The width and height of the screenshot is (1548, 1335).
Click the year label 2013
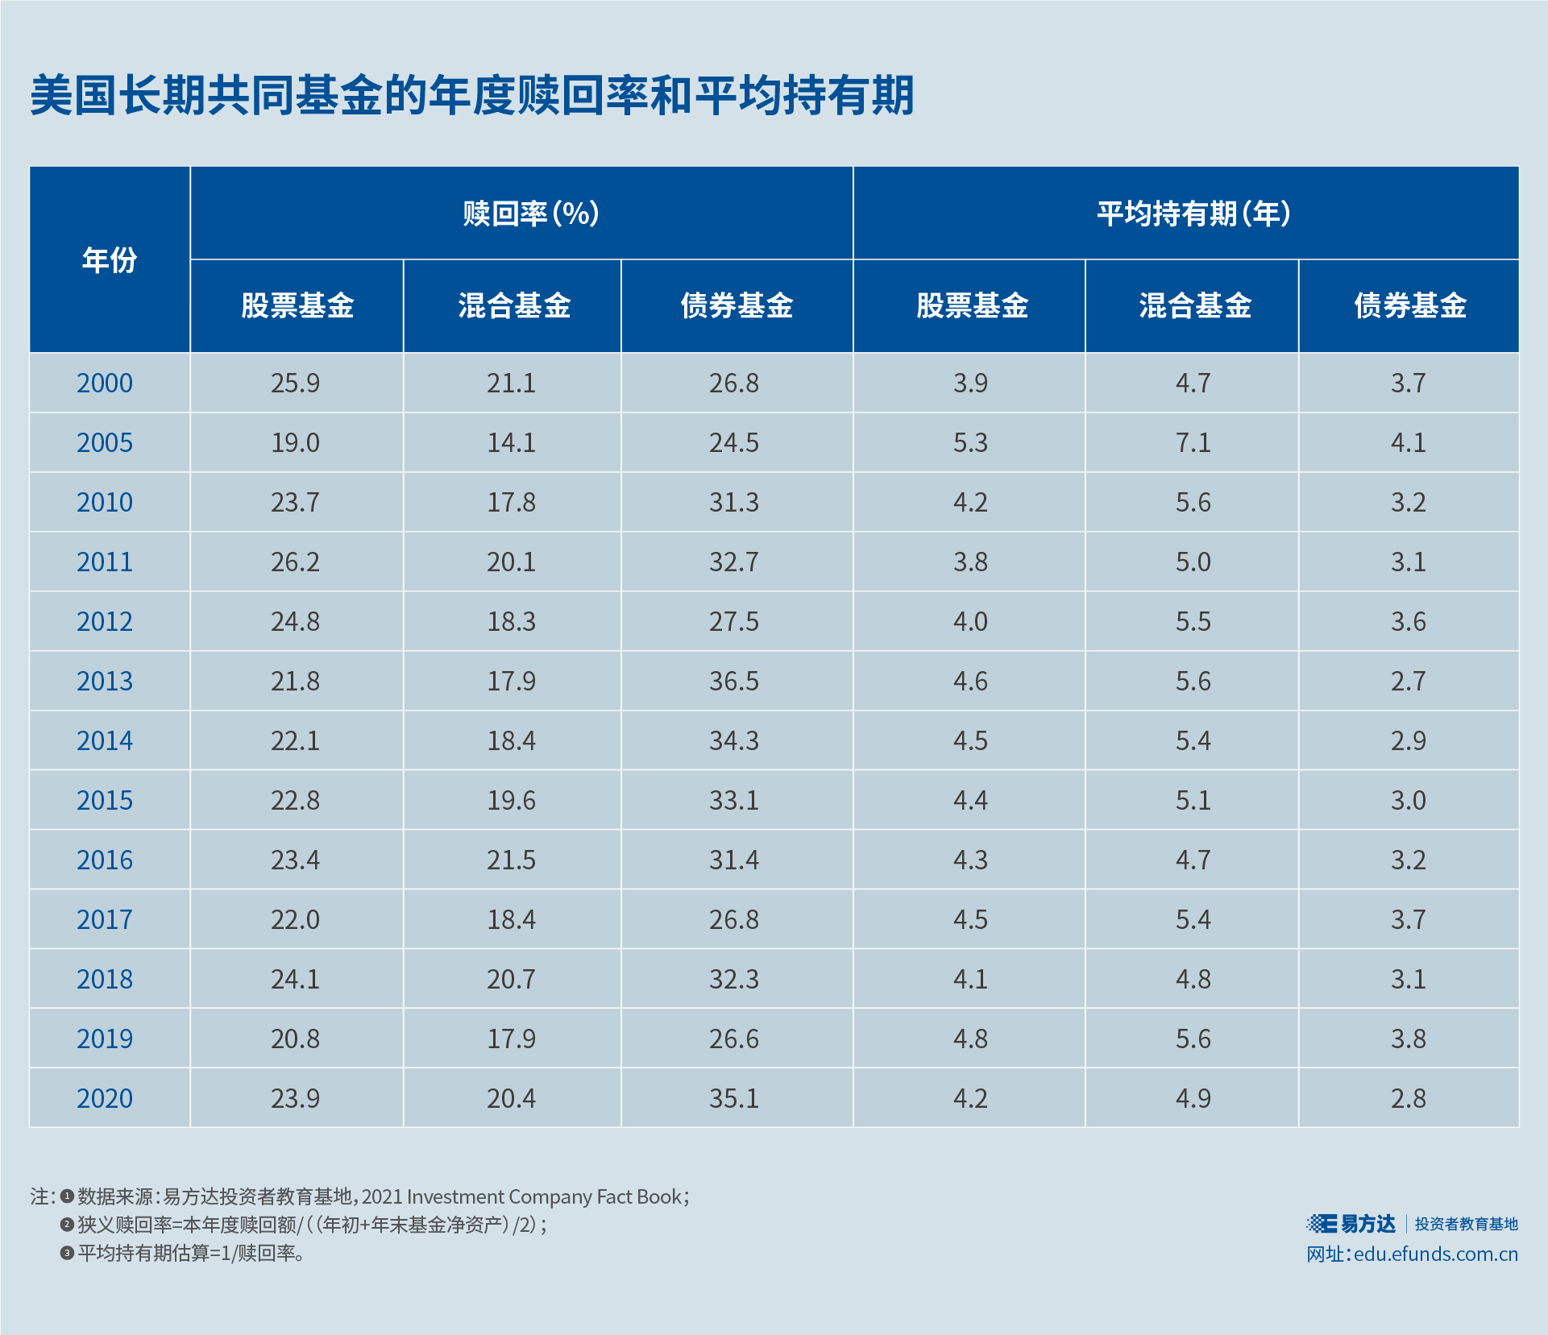click(x=105, y=682)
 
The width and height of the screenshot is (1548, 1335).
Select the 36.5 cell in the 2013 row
click(x=733, y=682)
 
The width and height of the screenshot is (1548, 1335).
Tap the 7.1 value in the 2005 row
click(x=1193, y=443)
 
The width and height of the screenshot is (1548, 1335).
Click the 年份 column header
click(x=110, y=259)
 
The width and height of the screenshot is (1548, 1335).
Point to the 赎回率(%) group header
click(x=530, y=214)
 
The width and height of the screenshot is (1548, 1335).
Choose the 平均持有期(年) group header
click(x=1193, y=214)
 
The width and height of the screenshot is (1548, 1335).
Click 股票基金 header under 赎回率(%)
click(x=297, y=305)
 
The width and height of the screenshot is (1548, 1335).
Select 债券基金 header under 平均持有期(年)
click(x=1410, y=305)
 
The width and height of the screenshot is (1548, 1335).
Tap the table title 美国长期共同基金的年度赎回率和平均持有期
click(x=472, y=96)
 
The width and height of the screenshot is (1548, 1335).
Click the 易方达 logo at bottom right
click(x=1352, y=1224)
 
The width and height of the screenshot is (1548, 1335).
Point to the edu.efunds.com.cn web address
click(x=1435, y=1254)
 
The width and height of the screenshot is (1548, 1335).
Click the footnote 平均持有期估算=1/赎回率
click(x=190, y=1253)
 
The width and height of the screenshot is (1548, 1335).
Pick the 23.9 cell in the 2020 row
click(x=295, y=1099)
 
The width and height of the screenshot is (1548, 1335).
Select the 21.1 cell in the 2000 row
click(x=511, y=384)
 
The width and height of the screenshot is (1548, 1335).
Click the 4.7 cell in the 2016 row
click(x=1193, y=860)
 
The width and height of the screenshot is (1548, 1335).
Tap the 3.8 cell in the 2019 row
click(x=1408, y=1039)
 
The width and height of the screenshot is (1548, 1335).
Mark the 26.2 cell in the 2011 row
click(x=295, y=562)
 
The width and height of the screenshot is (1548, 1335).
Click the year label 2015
click(x=105, y=801)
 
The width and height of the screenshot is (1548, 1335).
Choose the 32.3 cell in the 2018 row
click(x=733, y=980)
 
